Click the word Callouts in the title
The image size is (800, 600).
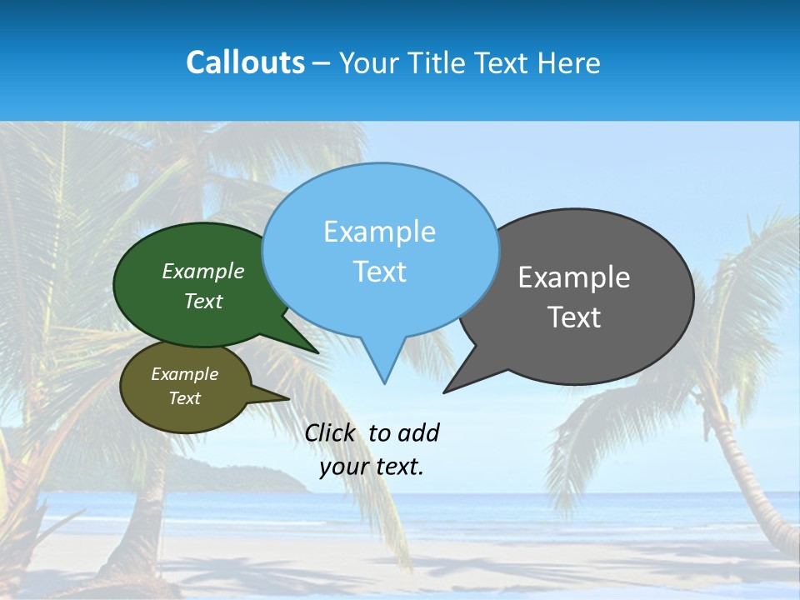[x=245, y=62]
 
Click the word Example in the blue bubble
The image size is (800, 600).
[x=379, y=232]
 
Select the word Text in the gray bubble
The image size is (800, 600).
[x=574, y=317]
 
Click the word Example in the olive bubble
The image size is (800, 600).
[x=184, y=374]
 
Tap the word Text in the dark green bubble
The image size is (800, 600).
[x=203, y=301]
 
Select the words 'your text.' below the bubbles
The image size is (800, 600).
[x=371, y=466]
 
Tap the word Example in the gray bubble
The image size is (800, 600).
[x=574, y=277]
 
